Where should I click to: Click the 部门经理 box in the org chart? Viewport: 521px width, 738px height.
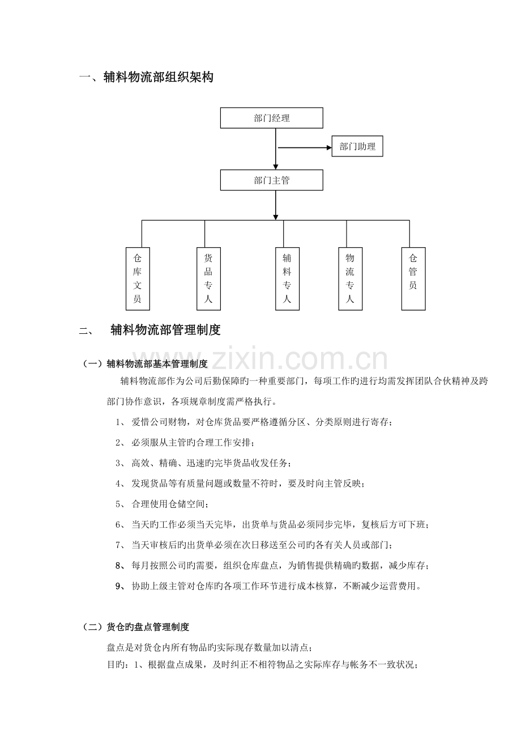click(271, 118)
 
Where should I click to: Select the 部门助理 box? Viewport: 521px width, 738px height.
click(357, 146)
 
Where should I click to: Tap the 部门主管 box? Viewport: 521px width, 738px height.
click(271, 180)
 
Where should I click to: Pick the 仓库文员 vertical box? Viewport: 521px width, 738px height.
click(138, 279)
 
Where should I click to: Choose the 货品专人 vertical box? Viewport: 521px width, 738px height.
click(208, 279)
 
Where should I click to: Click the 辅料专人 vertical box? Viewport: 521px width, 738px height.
click(287, 279)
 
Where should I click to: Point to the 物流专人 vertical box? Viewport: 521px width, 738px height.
click(350, 279)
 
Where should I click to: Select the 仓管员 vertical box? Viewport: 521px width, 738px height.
click(413, 279)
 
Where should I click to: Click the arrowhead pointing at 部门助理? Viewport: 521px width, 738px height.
click(329, 147)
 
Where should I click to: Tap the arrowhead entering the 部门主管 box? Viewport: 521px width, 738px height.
click(275, 167)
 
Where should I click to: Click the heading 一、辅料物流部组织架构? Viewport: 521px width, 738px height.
click(147, 77)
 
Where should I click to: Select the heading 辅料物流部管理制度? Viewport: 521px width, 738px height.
click(165, 330)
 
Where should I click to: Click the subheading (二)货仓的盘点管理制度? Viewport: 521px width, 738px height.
click(134, 627)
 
